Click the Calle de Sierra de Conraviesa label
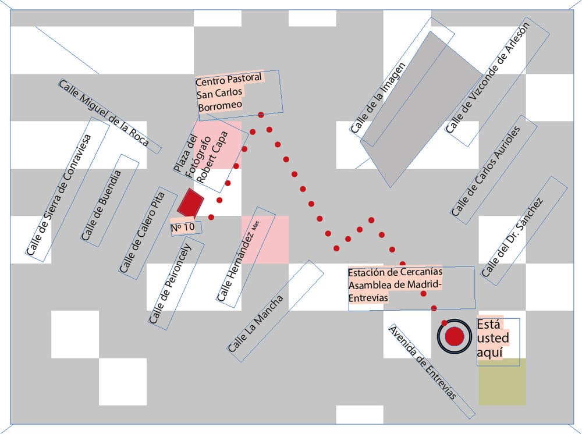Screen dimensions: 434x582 [x=60, y=195]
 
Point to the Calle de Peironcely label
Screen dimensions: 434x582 [x=171, y=283]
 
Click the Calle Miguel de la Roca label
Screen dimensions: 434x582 [x=104, y=113]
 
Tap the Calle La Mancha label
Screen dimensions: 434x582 [x=255, y=323]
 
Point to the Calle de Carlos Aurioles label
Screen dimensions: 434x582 [x=494, y=173]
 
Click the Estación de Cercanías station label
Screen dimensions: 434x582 [x=396, y=285]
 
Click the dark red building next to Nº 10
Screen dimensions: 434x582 [x=190, y=203]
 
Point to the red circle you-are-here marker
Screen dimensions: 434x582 [x=454, y=336]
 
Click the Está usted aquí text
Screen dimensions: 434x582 [x=492, y=339]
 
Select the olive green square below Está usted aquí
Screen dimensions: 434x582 [x=502, y=382]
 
